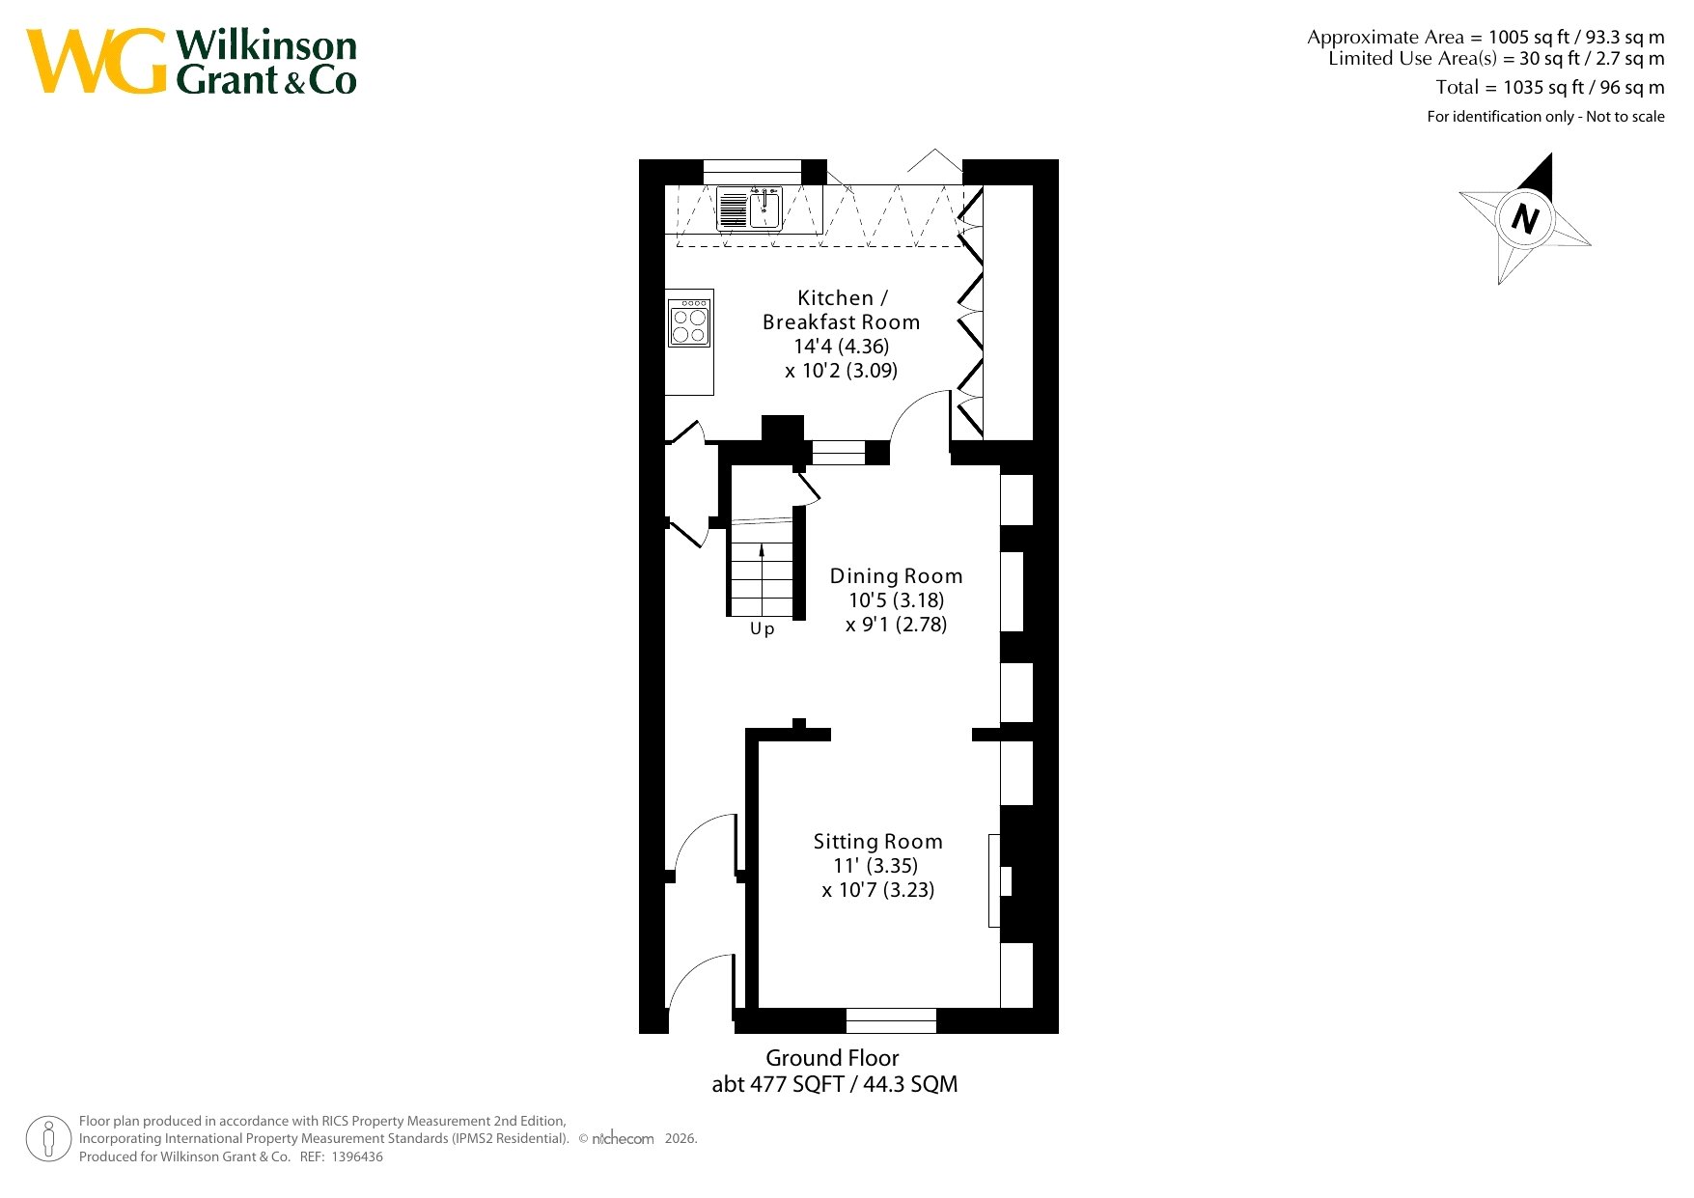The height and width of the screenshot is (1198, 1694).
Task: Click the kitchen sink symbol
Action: point(749,209)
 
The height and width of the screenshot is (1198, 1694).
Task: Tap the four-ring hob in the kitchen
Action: point(689,322)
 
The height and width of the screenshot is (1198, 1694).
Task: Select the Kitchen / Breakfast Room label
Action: point(842,310)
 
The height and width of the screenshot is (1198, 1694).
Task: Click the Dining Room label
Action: point(897,576)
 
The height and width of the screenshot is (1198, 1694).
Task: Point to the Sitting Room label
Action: point(878,842)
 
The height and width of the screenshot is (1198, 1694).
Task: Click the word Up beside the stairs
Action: point(763,629)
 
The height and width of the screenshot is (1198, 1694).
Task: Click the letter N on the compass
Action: point(1525,219)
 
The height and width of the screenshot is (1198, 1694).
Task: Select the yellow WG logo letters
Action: point(97,61)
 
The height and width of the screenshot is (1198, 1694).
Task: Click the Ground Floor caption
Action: point(833,1058)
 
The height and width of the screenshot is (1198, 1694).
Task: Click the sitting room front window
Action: point(891,1020)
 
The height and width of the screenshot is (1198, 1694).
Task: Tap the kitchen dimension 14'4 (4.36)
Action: point(842,347)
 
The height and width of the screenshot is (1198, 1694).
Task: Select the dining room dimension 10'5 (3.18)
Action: point(897,600)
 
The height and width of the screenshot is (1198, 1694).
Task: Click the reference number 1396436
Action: point(357,1156)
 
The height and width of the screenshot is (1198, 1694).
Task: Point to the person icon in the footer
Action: point(49,1139)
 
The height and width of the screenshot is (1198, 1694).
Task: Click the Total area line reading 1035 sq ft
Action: point(1550,88)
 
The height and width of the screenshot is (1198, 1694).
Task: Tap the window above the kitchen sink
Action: point(752,172)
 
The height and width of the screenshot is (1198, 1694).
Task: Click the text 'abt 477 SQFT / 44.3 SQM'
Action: point(835,1085)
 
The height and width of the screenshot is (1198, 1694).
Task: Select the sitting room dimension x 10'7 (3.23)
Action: point(878,890)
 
